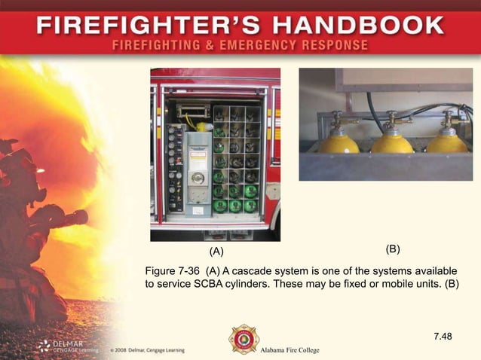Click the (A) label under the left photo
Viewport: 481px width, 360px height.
pyautogui.click(x=216, y=251)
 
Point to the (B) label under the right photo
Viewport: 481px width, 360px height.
pyautogui.click(x=393, y=249)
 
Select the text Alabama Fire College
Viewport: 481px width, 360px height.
pyautogui.click(x=290, y=351)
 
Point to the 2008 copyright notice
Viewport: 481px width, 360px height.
pyautogui.click(x=146, y=351)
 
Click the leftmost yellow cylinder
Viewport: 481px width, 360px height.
pyautogui.click(x=339, y=142)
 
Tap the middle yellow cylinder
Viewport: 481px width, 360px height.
pyautogui.click(x=393, y=142)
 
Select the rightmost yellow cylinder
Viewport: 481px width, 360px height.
pyautogui.click(x=446, y=142)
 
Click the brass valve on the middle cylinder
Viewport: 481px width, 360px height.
pyautogui.click(x=393, y=119)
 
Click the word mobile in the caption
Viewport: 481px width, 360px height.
pyautogui.click(x=378, y=285)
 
